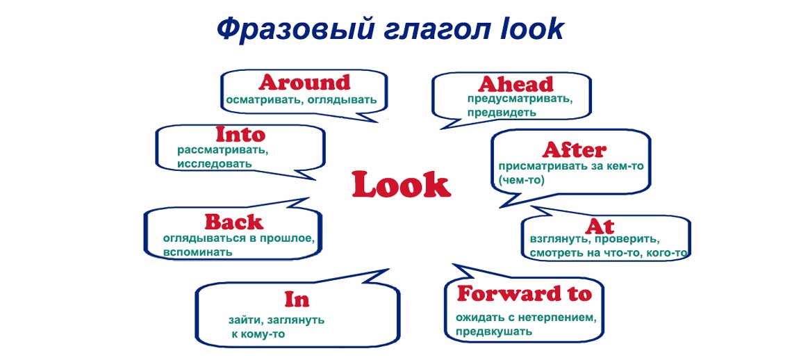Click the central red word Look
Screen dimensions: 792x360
click(401, 185)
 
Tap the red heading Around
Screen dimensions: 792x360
click(304, 82)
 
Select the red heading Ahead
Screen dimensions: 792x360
click(515, 84)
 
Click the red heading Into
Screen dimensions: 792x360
click(240, 135)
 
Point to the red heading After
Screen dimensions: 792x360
click(575, 150)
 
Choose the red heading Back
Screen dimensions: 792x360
click(234, 222)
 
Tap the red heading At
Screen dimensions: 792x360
click(600, 227)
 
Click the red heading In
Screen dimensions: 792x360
click(297, 299)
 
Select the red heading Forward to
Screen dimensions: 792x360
click(525, 294)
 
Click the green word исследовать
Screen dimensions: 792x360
click(214, 164)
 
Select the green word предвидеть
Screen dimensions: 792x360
click(502, 113)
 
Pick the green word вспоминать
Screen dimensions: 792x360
click(198, 252)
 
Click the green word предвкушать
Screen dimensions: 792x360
click(494, 332)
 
